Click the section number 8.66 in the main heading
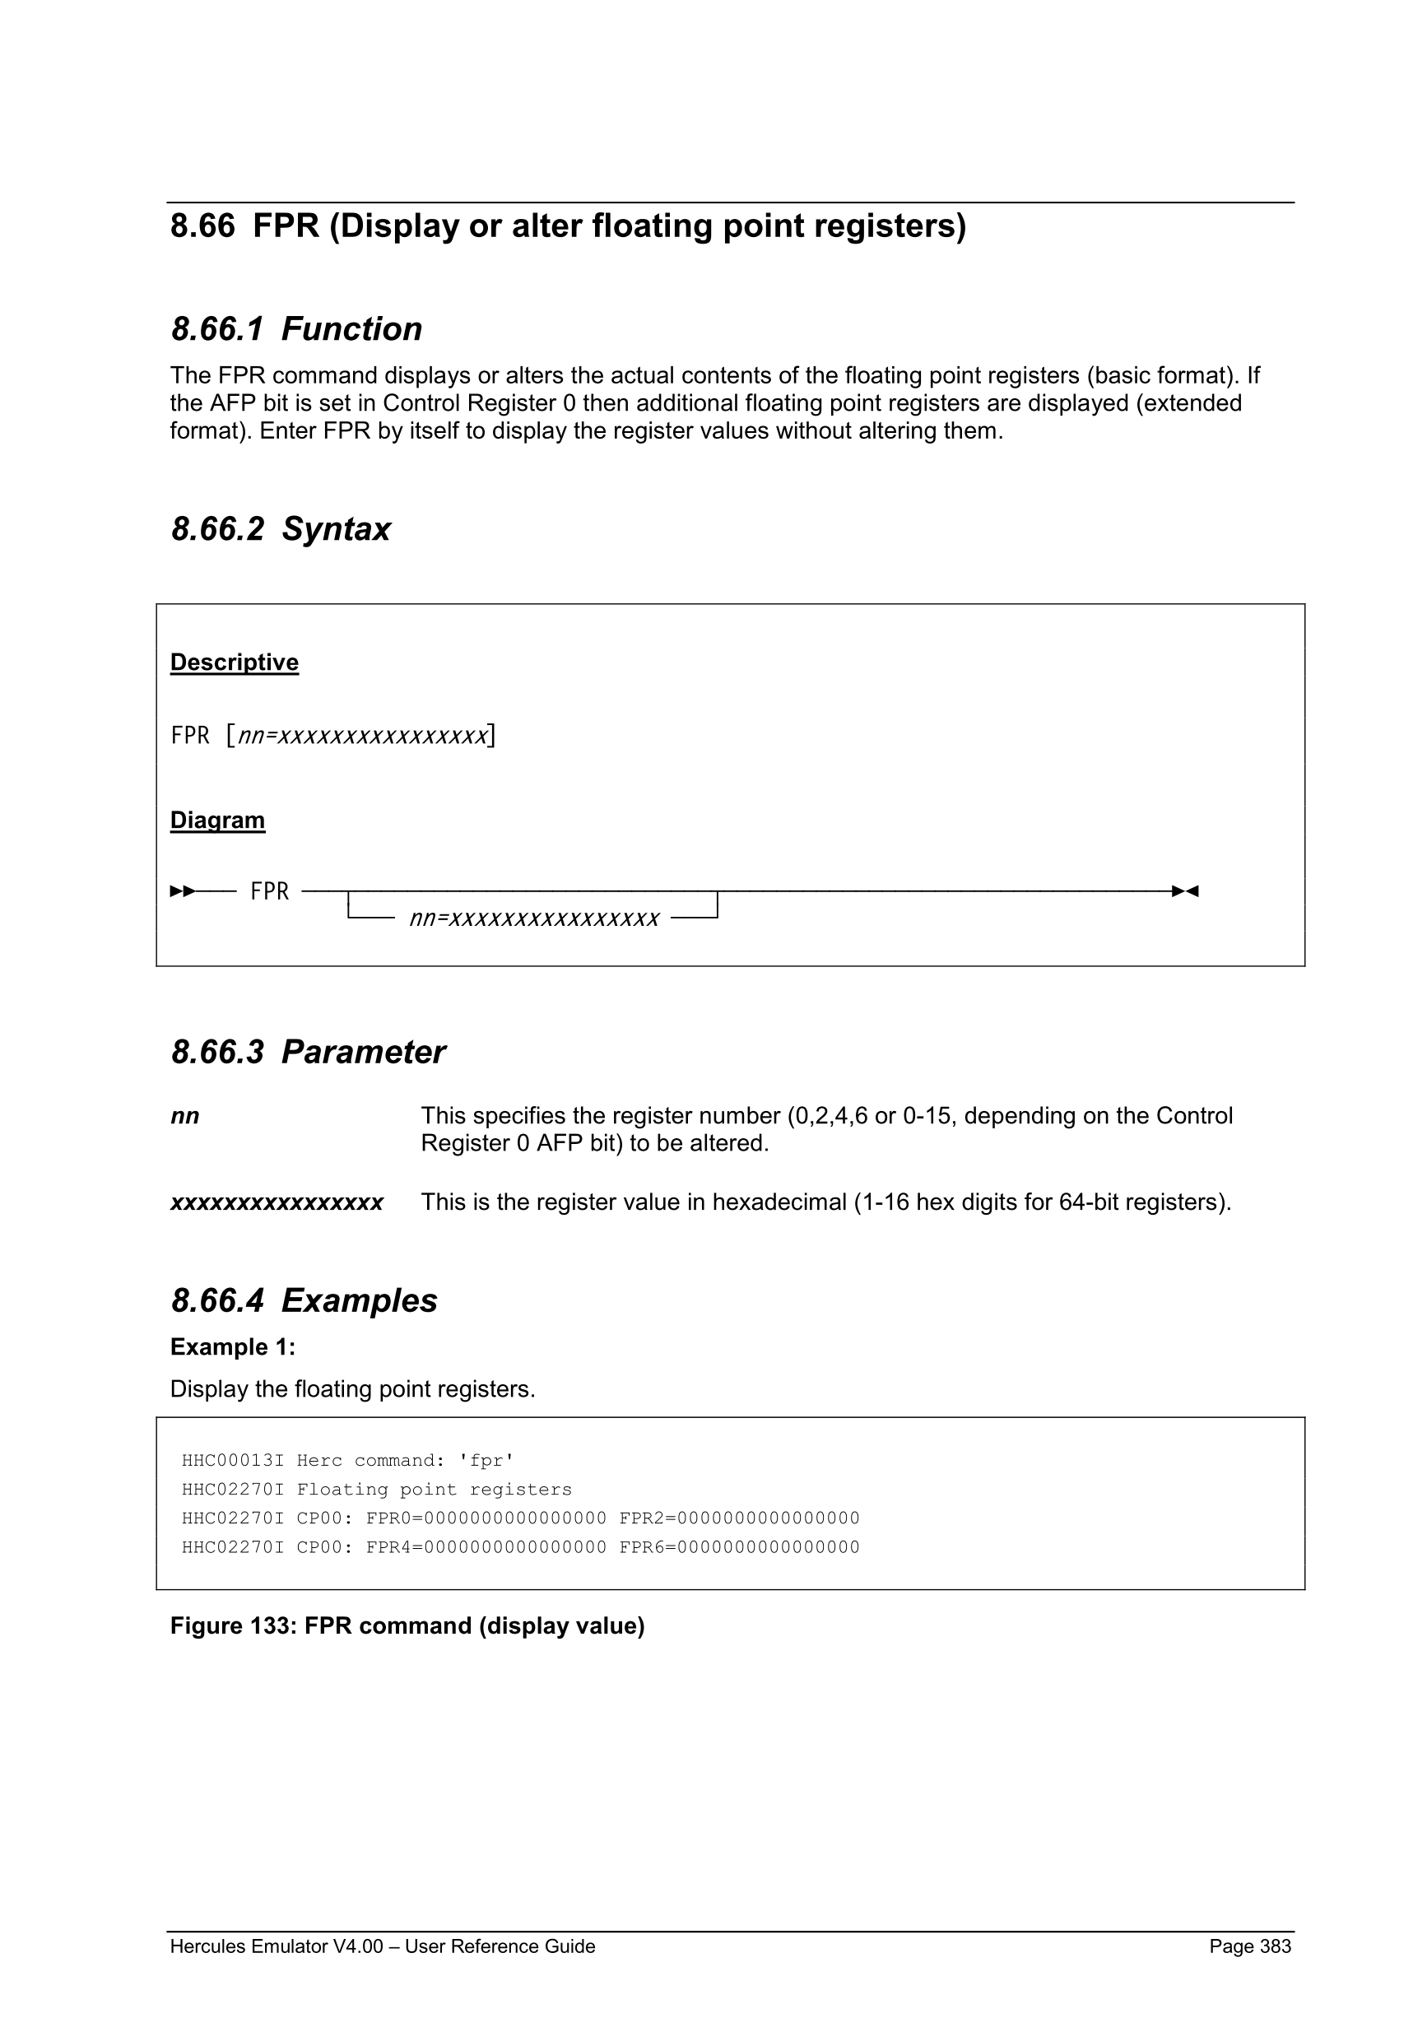202,226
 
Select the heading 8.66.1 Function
296,328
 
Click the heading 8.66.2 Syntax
281,529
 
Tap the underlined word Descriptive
234,662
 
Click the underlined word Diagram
217,820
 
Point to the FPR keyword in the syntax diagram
269,891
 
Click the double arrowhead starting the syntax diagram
182,891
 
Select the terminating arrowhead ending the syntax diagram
1185,891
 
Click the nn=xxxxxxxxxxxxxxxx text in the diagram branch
534,918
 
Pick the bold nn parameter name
184,1116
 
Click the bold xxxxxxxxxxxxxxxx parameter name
277,1202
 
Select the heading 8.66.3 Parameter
308,1052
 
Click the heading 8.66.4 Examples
304,1301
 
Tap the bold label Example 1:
233,1346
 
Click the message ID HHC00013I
233,1461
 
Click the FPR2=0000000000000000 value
739,1518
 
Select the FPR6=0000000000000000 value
739,1547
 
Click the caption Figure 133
407,1626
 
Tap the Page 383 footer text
1249,1946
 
